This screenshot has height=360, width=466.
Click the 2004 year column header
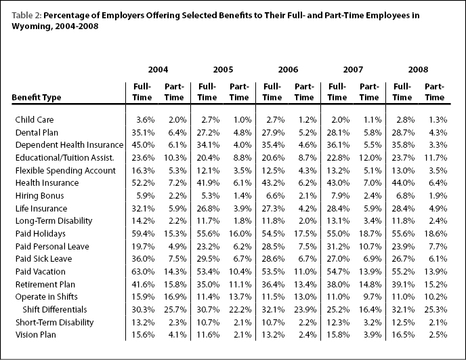[x=158, y=70]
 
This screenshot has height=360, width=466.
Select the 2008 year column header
[x=418, y=70]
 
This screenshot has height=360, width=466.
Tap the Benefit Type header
[x=37, y=98]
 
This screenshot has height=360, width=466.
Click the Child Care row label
[x=35, y=119]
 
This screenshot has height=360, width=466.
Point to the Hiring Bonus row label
[x=39, y=196]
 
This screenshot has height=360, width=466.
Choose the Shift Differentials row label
[x=55, y=310]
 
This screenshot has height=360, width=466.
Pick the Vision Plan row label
[x=36, y=335]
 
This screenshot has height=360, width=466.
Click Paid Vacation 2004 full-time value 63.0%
[x=143, y=272]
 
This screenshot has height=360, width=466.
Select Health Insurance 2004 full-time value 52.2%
[x=143, y=183]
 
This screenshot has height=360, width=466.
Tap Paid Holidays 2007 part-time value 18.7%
[x=370, y=234]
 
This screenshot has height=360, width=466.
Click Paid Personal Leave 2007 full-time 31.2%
[x=338, y=247]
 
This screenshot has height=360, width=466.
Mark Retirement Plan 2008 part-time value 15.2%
[x=436, y=285]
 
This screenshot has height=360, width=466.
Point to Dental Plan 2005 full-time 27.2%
[x=208, y=133]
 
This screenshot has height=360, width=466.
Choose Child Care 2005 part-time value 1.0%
[x=242, y=120]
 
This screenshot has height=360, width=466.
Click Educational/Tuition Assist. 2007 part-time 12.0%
[x=370, y=158]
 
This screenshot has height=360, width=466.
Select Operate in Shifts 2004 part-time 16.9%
[x=175, y=297]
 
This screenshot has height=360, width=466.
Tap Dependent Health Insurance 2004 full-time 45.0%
[x=143, y=145]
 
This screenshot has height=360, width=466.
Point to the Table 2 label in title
[x=26, y=16]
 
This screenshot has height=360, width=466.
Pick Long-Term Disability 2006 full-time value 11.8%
[x=273, y=221]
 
